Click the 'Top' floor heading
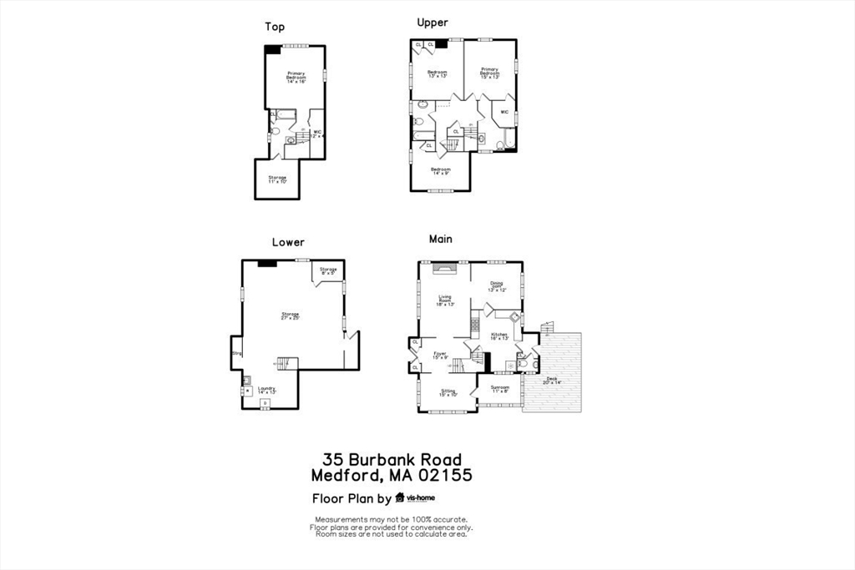point(275,27)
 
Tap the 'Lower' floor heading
point(288,242)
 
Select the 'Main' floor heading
point(441,239)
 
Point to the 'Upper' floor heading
point(433,22)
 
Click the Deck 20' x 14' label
point(553,381)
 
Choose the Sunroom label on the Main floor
point(499,389)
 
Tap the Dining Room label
point(497,286)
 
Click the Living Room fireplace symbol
point(445,268)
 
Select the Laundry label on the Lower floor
point(266,390)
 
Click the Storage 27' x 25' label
point(290,315)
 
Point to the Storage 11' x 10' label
point(277,179)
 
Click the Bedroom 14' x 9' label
point(440,171)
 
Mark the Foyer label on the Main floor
point(439,356)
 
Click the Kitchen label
point(499,336)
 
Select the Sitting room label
point(448,392)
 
